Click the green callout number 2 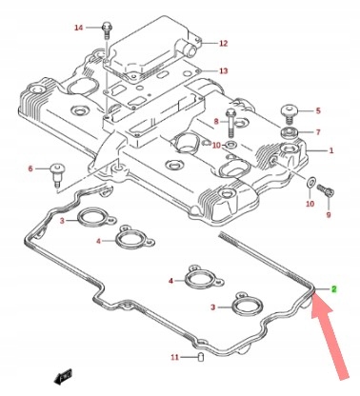pyautogui.click(x=333, y=289)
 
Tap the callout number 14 pyautogui.click(x=78, y=28)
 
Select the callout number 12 pyautogui.click(x=224, y=43)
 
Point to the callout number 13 pyautogui.click(x=224, y=70)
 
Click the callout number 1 pyautogui.click(x=331, y=150)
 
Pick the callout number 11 pyautogui.click(x=175, y=357)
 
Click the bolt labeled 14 pyautogui.click(x=106, y=30)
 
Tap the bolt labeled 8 pyautogui.click(x=230, y=123)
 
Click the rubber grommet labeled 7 pyautogui.click(x=289, y=132)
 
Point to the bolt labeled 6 pyautogui.click(x=56, y=175)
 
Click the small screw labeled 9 pyautogui.click(x=326, y=191)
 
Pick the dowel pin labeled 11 pyautogui.click(x=201, y=357)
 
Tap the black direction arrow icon pyautogui.click(x=63, y=376)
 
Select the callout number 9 pyautogui.click(x=329, y=215)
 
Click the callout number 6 pyautogui.click(x=30, y=168)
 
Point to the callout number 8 pyautogui.click(x=216, y=121)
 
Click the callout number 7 pyautogui.click(x=318, y=131)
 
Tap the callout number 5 pyautogui.click(x=318, y=110)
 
